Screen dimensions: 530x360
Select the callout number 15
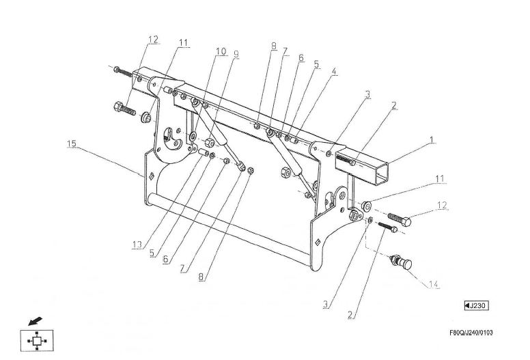pos(72,143)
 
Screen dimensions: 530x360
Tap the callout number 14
pos(434,284)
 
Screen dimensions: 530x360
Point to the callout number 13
pos(137,245)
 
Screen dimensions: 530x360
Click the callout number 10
pos(221,51)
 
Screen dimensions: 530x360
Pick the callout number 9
pos(236,54)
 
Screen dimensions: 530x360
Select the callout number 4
pos(333,71)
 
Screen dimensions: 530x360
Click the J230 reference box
pos(477,305)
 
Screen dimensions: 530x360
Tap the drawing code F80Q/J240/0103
pos(471,333)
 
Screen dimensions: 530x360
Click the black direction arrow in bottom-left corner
pos(35,321)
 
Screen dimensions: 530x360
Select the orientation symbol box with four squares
pos(36,340)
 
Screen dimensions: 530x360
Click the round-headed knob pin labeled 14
pos(401,262)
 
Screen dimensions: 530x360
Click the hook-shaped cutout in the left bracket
pos(171,139)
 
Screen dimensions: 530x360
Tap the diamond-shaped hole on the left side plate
pos(152,176)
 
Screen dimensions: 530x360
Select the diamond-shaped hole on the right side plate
pos(318,242)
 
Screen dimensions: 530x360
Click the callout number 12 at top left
pos(153,39)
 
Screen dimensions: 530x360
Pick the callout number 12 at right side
pos(442,205)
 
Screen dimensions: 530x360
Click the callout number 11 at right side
pos(439,178)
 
